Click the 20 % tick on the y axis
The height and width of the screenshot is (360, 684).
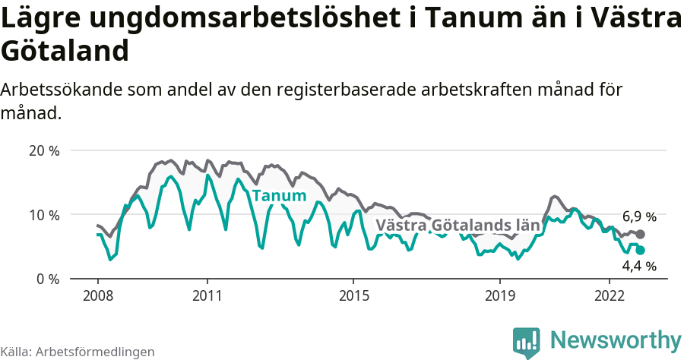pos(44,150)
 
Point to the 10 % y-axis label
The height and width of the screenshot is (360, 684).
pos(44,215)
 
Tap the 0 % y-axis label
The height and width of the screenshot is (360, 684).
pos(48,279)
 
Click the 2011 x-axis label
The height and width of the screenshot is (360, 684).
pos(207,295)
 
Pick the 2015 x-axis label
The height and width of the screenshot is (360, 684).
pos(353,295)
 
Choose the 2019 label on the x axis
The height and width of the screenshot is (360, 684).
pos(500,295)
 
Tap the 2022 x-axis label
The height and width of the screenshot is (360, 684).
pos(610,295)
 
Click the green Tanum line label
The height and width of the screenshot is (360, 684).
pos(279,196)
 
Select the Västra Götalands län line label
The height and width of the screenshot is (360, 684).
pos(458,226)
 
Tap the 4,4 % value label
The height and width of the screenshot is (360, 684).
pos(639,266)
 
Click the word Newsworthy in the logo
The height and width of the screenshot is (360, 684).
pos(616,339)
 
